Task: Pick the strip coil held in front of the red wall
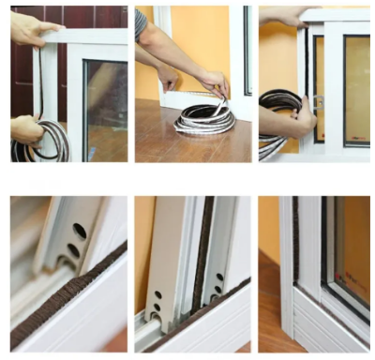pyautogui.click(x=28, y=145)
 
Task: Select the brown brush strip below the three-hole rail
pyautogui.click(x=66, y=300)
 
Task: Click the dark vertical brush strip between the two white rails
pyautogui.click(x=201, y=262)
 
